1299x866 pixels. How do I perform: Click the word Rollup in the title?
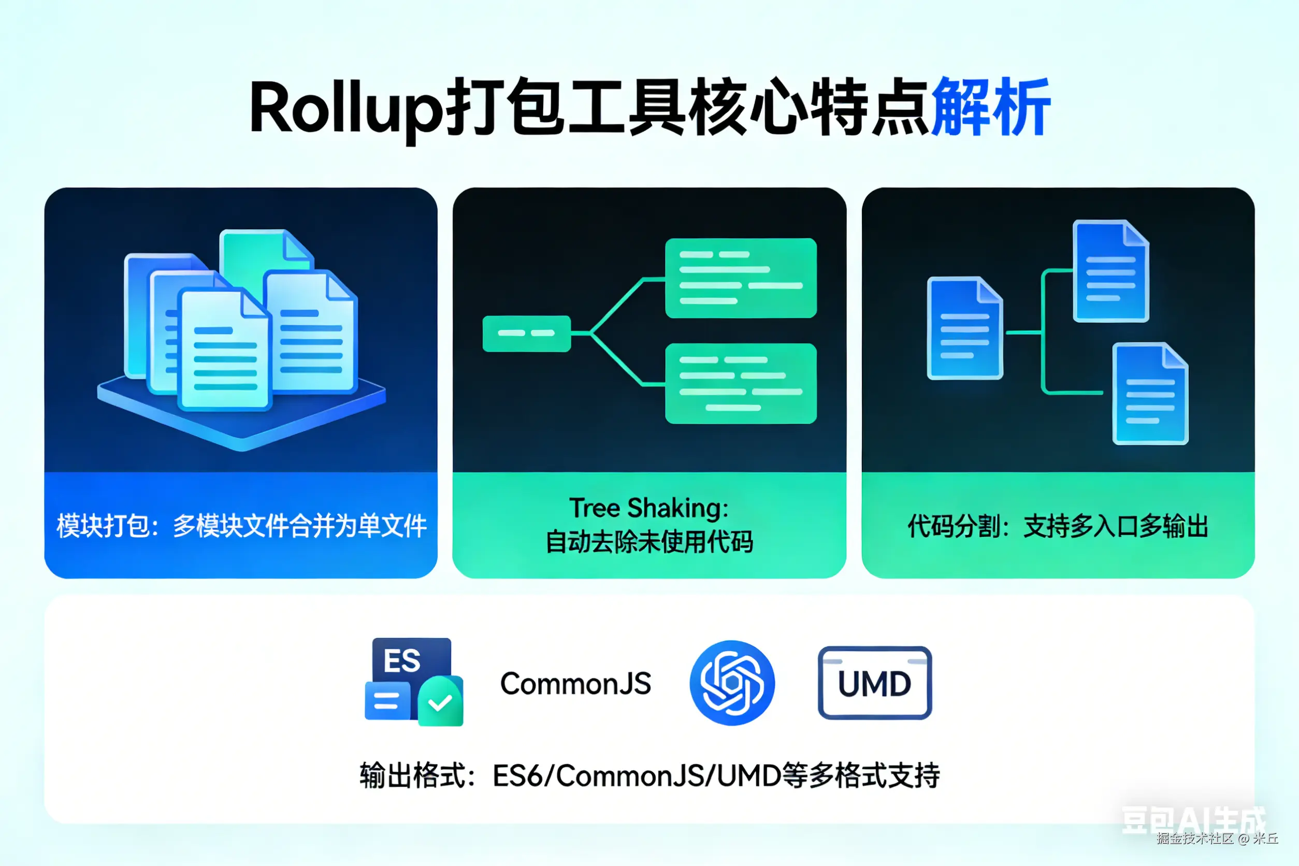[344, 108]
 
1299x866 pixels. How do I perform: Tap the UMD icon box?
[874, 683]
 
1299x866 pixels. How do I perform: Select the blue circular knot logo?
[732, 683]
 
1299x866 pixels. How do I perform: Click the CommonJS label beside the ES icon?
[575, 684]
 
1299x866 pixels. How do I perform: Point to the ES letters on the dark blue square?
[402, 660]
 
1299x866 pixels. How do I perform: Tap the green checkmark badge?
[440, 702]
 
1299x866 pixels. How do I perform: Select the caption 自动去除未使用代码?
[649, 542]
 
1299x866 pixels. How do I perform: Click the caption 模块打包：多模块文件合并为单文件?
[241, 526]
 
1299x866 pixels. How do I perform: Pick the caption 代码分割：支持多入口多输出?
[1058, 526]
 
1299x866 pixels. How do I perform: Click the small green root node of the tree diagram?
[526, 334]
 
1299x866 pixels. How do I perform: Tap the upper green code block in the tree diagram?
[741, 278]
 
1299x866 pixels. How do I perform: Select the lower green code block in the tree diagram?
[741, 383]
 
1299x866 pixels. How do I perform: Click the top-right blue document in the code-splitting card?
[1110, 270]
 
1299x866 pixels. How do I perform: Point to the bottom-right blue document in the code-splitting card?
[1150, 393]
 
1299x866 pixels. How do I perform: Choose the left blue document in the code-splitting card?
[964, 328]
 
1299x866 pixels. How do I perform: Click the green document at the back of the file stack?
[251, 254]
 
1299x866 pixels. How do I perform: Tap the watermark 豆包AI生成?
[1193, 819]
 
